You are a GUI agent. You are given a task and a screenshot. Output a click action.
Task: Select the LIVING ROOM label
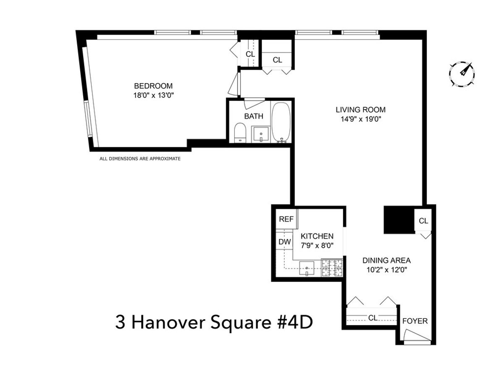pyautogui.click(x=360, y=110)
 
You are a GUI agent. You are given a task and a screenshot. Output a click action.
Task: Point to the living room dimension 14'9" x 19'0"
pyautogui.click(x=360, y=119)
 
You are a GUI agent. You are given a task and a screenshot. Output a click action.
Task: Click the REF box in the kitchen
pyautogui.click(x=286, y=219)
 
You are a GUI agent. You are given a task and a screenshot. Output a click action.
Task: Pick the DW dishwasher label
pyautogui.click(x=284, y=242)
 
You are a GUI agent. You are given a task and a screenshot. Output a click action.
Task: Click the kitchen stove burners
pyautogui.click(x=332, y=268)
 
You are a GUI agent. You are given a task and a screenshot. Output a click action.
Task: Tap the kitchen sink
pyautogui.click(x=308, y=268)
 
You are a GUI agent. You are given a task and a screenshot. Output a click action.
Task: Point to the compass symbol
pyautogui.click(x=462, y=74)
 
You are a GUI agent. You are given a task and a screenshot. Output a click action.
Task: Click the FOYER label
pyautogui.click(x=415, y=321)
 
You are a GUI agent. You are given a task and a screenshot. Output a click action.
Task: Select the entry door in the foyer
pyautogui.click(x=417, y=336)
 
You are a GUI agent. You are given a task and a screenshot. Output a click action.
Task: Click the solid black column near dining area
pyautogui.click(x=399, y=219)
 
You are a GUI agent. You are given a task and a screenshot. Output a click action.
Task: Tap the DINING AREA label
pyautogui.click(x=386, y=260)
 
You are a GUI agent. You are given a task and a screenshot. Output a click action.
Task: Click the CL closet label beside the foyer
pyautogui.click(x=373, y=318)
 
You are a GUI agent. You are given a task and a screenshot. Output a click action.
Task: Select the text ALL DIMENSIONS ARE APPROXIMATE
pyautogui.click(x=140, y=159)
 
